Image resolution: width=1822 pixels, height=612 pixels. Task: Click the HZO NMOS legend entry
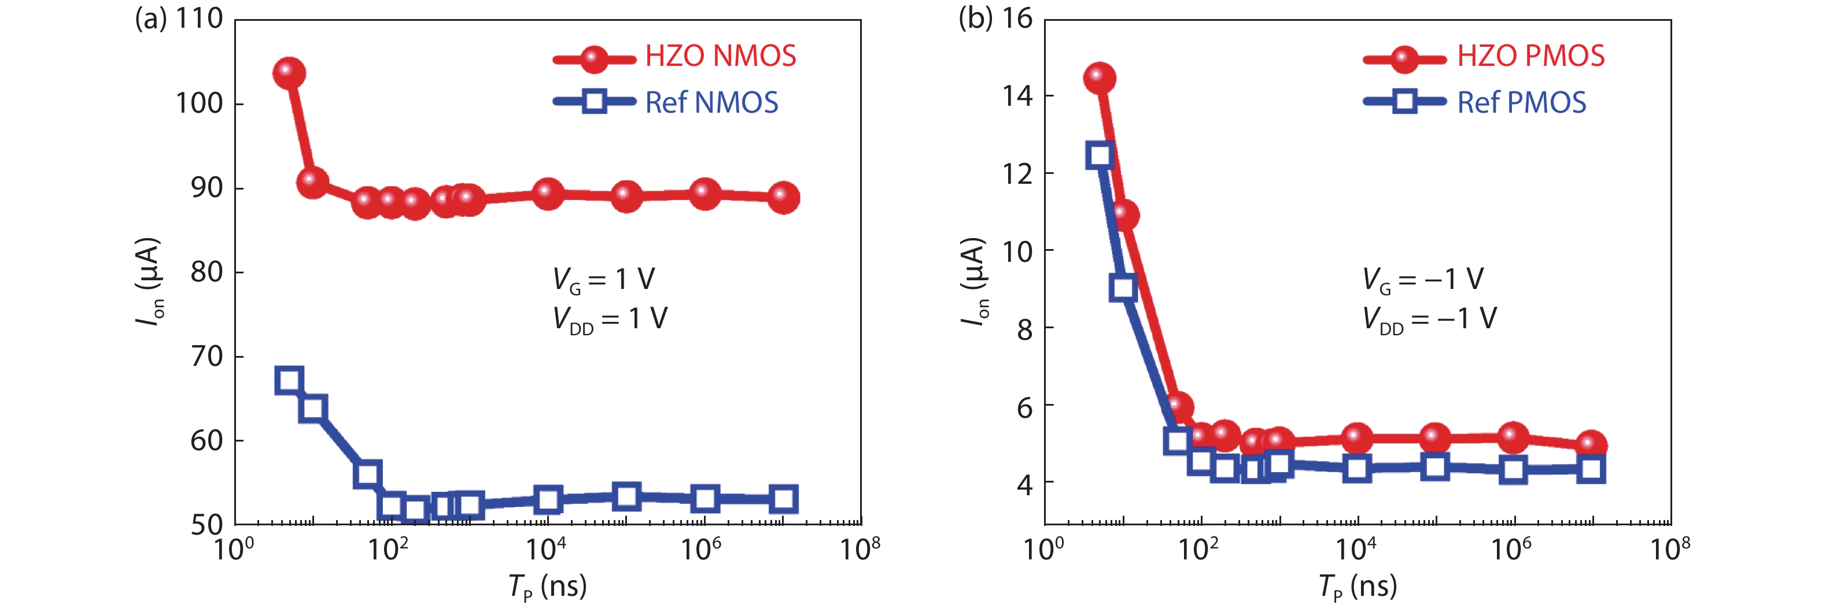coord(720,57)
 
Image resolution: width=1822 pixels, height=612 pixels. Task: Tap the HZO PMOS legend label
coord(1530,57)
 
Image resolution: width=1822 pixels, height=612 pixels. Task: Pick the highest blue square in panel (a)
coord(289,381)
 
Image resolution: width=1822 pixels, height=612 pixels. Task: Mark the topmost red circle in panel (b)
coord(1099,78)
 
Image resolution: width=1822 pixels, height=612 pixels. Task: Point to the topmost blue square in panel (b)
coord(1100,155)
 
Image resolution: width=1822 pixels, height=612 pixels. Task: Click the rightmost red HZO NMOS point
coord(783,197)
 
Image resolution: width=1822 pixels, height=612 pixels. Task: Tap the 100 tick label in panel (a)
coord(200,104)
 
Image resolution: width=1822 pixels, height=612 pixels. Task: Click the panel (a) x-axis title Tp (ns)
coord(547,587)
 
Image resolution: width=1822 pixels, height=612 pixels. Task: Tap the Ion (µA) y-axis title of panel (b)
coord(973,281)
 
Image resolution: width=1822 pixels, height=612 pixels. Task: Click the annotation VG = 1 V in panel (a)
coord(603,280)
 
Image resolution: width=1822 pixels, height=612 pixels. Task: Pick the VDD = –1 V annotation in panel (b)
coord(1429,320)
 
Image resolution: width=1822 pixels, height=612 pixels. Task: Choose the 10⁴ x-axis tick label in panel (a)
coord(546,548)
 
